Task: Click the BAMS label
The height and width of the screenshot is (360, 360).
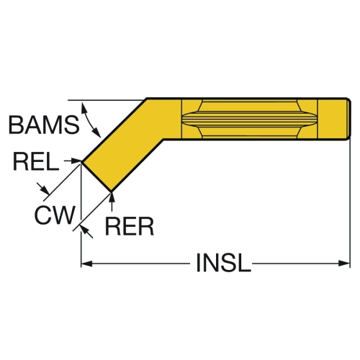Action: tap(44, 125)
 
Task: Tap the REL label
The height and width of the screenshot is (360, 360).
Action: tap(36, 162)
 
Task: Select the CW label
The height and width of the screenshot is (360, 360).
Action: tap(55, 215)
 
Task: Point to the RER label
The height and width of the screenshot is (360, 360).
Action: tap(130, 226)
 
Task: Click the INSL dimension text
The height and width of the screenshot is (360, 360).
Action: tap(223, 263)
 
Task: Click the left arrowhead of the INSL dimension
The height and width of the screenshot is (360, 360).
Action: tap(86, 264)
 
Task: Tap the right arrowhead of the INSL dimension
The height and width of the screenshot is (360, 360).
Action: tap(344, 264)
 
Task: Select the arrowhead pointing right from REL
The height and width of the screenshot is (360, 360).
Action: tap(76, 161)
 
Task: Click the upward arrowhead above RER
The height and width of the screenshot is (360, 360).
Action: tap(112, 197)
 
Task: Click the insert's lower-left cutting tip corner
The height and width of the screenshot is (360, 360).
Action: tap(82, 162)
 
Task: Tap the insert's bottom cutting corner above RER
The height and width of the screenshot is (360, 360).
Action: tap(111, 192)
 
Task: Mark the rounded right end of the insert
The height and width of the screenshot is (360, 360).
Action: tap(349, 119)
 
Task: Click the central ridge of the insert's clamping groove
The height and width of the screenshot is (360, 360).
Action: tap(250, 119)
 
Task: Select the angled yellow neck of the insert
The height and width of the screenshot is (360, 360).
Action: tap(122, 144)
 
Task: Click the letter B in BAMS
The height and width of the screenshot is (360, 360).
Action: tap(16, 125)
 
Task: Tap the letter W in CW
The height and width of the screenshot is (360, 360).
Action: tap(63, 215)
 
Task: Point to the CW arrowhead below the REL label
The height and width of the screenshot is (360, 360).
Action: tap(45, 189)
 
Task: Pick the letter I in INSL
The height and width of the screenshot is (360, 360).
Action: tap(198, 263)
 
